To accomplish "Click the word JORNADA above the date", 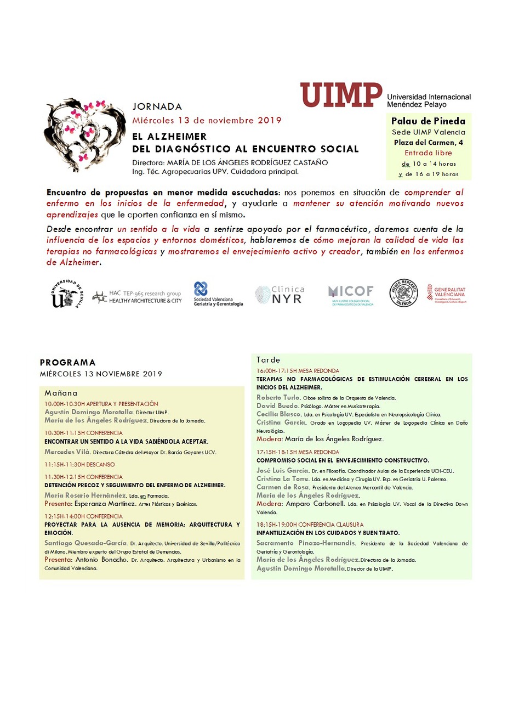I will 157,106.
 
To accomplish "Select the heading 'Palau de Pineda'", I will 428,121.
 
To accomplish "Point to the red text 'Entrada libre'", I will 428,153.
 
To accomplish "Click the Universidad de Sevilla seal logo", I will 66,294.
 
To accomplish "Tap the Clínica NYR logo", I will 280,295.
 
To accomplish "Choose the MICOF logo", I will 351,295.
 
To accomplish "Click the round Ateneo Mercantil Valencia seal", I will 403,293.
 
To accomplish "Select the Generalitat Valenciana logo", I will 447,294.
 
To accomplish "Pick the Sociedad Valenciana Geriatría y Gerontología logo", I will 218,294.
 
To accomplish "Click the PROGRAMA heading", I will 67,363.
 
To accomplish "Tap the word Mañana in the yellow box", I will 61,393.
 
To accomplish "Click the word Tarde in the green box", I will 268,360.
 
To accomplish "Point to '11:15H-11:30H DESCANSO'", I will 79,465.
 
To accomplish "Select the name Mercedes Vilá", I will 67,452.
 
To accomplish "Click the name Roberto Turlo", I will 278,398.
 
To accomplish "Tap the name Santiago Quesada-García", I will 86,543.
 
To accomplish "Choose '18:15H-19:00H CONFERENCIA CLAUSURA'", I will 310,525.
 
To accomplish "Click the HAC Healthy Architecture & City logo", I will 137,297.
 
